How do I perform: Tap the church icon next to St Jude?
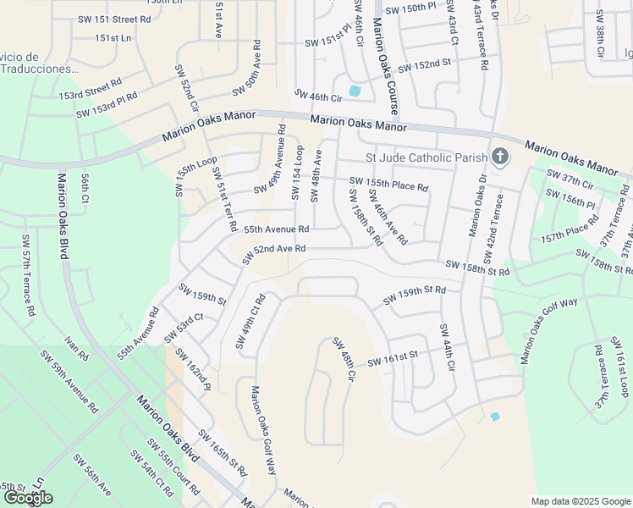pos(500,157)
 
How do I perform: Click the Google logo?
pos(28,498)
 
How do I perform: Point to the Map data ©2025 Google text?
pos(581,501)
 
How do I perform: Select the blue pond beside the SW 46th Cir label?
pos(354,91)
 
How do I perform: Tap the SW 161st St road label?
pos(393,359)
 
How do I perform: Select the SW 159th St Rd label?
pos(414,295)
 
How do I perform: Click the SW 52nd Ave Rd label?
pos(273,249)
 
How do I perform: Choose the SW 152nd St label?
pos(436,64)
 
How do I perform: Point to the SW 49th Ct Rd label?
pos(250,322)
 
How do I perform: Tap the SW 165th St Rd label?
pos(222,458)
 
